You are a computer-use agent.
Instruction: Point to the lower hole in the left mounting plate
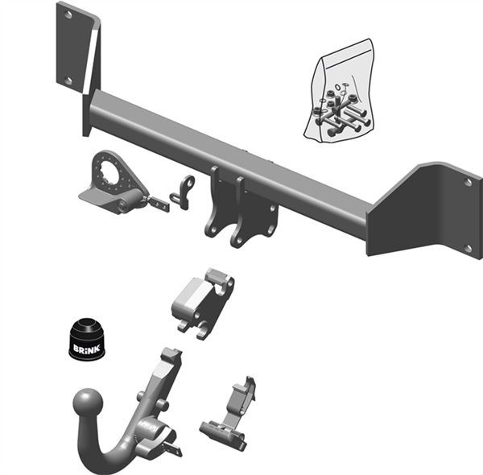click(x=68, y=81)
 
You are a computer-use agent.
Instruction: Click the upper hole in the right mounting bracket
click(x=468, y=182)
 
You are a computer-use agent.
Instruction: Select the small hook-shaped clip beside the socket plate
click(x=186, y=191)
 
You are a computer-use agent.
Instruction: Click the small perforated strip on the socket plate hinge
click(x=159, y=202)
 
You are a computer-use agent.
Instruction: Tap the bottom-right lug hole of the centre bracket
click(x=238, y=239)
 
